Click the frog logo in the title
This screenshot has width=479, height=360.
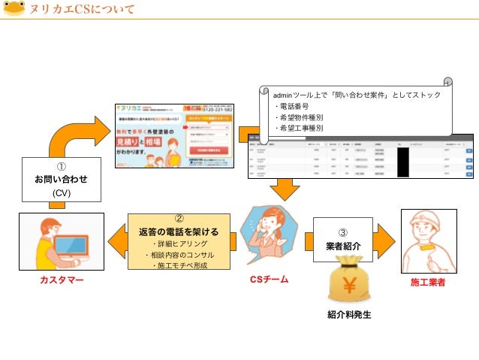coord(14,10)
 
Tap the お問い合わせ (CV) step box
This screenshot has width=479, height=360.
coord(60,179)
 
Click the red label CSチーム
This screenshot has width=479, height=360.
coord(268,280)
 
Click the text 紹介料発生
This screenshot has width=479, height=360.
coord(348,315)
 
